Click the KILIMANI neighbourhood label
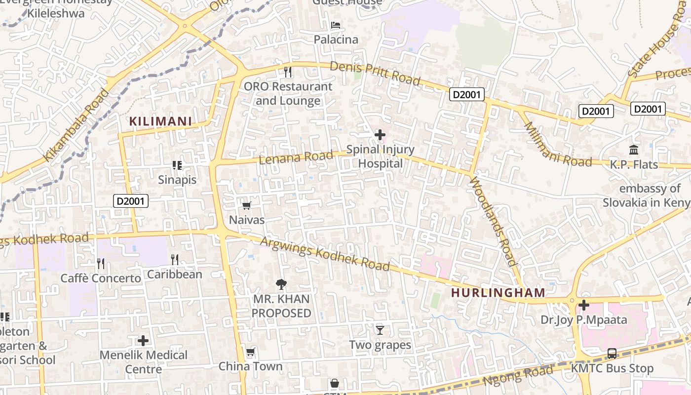coord(160,121)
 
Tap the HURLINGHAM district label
coord(498,292)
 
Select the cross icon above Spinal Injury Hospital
coord(380,134)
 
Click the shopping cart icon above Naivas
coord(246,205)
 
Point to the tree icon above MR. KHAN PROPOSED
coord(281,284)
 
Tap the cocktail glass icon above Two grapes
coord(380,330)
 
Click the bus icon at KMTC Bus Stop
coord(612,354)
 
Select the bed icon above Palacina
coord(336,25)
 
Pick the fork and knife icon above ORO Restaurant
coord(288,72)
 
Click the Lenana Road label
coord(296,157)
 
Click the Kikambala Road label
coord(76,125)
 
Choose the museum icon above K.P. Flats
coord(634,150)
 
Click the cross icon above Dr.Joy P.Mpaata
coord(583,305)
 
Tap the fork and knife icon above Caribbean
coord(174,260)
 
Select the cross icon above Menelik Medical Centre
coord(143,341)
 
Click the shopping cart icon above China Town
coord(250,352)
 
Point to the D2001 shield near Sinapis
coord(131,201)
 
